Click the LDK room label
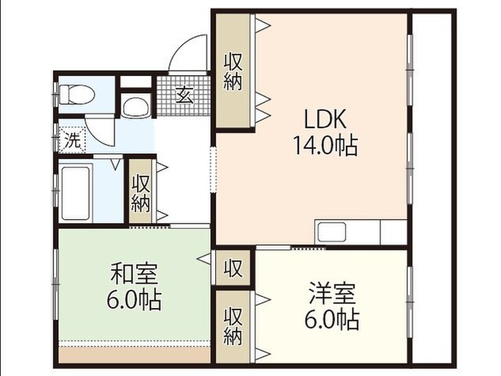(x=326, y=119)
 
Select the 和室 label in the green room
(x=134, y=273)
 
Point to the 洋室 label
(x=332, y=293)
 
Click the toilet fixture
(x=77, y=94)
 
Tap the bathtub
(x=75, y=193)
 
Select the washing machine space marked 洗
(x=73, y=140)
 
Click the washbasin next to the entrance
(x=136, y=106)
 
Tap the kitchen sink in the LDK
(x=331, y=232)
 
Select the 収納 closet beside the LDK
(x=233, y=71)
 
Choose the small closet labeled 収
(x=233, y=268)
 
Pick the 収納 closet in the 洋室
(x=233, y=327)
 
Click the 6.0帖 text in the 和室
(x=134, y=300)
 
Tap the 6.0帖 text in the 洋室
(x=332, y=319)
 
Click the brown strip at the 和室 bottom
(x=135, y=355)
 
